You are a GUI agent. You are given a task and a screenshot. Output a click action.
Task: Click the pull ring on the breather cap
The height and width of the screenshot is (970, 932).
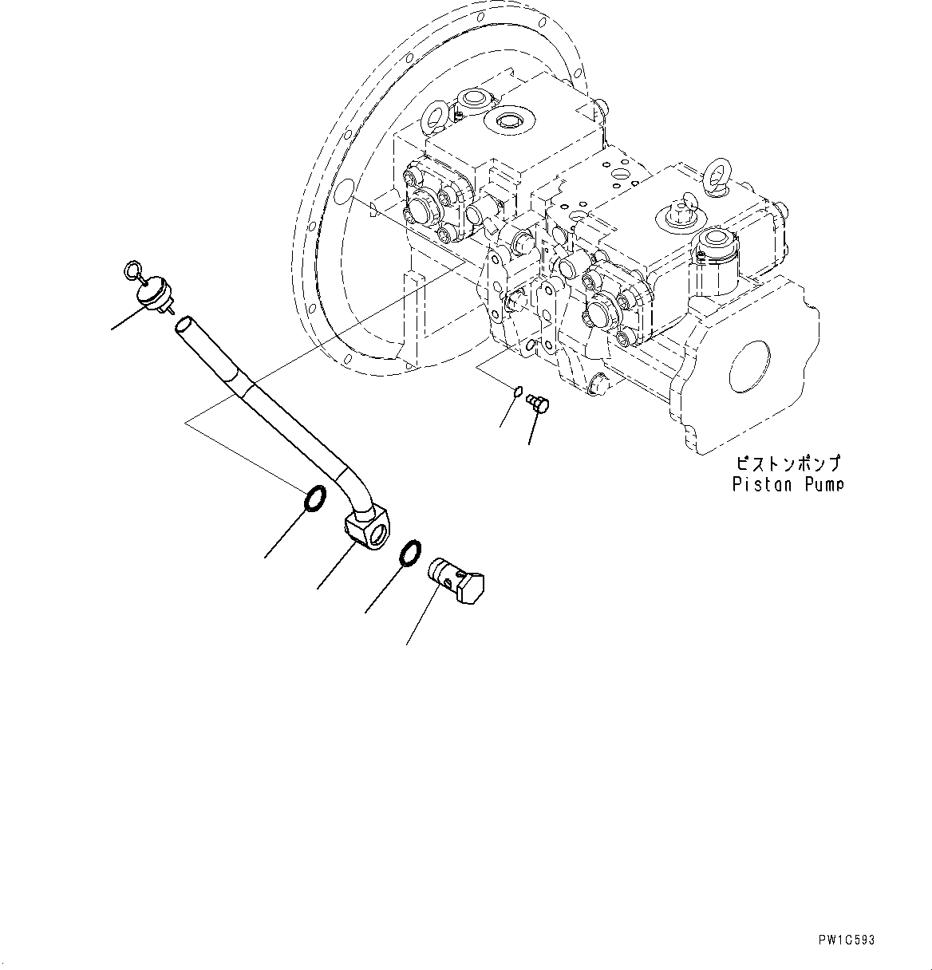pyautogui.click(x=132, y=272)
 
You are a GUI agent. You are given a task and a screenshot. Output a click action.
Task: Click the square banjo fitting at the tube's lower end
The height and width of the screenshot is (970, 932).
pyautogui.click(x=367, y=530)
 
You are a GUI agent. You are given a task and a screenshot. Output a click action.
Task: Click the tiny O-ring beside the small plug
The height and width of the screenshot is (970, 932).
pyautogui.click(x=517, y=392)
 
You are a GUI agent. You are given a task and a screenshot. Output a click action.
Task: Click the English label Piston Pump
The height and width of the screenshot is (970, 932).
pyautogui.click(x=788, y=484)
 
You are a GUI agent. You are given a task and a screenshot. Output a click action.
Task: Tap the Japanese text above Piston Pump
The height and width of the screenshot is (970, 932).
pyautogui.click(x=788, y=463)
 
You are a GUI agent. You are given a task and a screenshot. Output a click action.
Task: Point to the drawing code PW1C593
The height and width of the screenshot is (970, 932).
pyautogui.click(x=846, y=940)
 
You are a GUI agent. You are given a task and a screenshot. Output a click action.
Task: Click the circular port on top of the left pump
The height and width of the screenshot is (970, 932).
pyautogui.click(x=507, y=120)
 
